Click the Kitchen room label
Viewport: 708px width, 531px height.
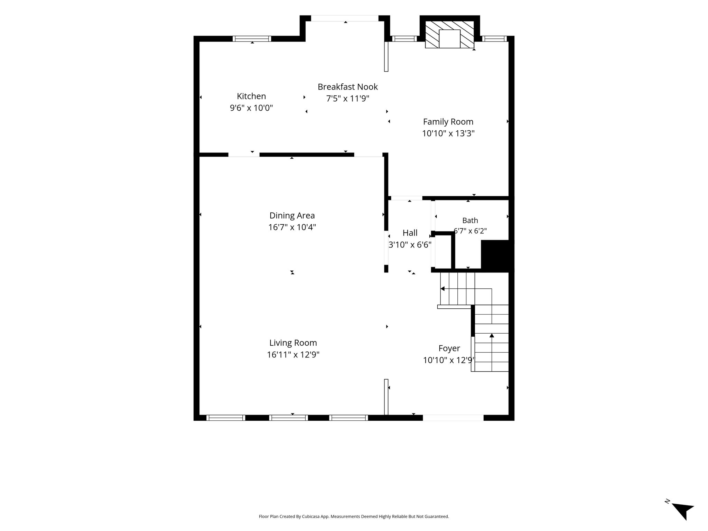[251, 96]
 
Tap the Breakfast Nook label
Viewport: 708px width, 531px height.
[348, 87]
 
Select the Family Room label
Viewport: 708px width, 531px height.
[448, 122]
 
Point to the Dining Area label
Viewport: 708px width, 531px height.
[292, 216]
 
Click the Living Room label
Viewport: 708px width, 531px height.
[293, 343]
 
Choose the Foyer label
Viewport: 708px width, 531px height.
[449, 348]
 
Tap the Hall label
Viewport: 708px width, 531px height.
[410, 233]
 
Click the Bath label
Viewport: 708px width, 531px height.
[470, 221]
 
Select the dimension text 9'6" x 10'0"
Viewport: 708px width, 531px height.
[251, 108]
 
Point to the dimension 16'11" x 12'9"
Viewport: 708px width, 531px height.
[293, 355]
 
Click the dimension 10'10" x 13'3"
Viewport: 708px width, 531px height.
[448, 133]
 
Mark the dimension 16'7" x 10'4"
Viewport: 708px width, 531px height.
[292, 227]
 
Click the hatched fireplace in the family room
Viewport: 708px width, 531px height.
[449, 35]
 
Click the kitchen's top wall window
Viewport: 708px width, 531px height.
[252, 39]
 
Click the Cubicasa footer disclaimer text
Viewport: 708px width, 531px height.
[354, 516]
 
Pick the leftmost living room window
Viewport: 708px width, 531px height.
[226, 418]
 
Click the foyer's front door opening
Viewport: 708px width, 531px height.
[453, 418]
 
